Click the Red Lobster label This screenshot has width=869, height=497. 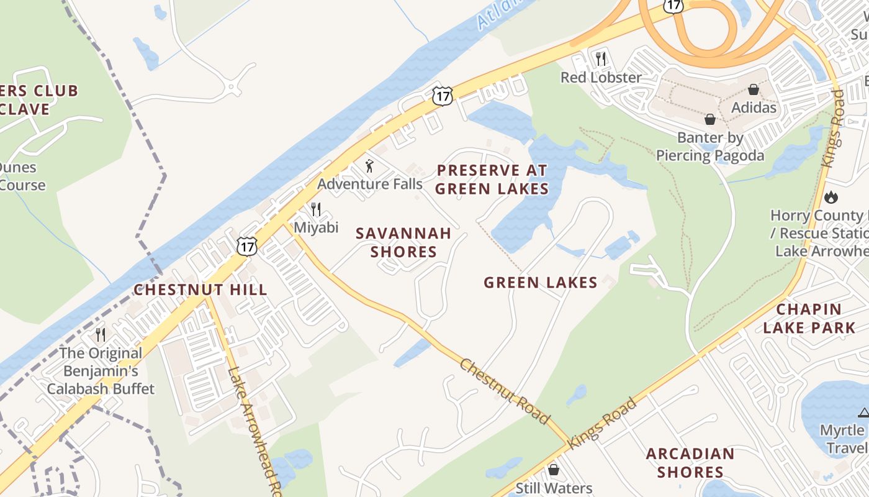click(x=601, y=78)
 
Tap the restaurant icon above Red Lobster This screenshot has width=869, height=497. click(x=600, y=59)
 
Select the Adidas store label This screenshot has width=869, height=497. click(x=754, y=107)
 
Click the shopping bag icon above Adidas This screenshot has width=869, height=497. click(x=754, y=89)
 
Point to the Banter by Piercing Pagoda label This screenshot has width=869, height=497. click(x=710, y=147)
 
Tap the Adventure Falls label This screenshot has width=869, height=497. click(x=370, y=184)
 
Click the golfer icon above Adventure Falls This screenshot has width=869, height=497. click(x=370, y=166)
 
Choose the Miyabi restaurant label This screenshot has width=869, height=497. click(x=316, y=227)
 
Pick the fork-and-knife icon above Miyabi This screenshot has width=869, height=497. click(x=316, y=209)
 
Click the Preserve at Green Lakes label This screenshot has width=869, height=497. click(x=492, y=180)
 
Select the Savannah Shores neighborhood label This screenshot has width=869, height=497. click(x=403, y=242)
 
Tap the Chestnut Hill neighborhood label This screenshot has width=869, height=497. click(x=200, y=290)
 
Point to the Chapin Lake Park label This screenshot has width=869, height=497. click(x=809, y=319)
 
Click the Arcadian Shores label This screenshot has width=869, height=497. click(x=690, y=463)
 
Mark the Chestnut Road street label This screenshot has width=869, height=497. click(x=505, y=391)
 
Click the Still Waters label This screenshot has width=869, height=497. click(x=554, y=488)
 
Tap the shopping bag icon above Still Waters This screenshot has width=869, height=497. click(x=554, y=470)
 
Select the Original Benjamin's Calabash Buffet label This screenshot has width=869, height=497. click(x=101, y=371)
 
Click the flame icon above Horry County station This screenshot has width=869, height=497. click(x=831, y=198)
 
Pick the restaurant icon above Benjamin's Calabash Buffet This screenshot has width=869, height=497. click(x=101, y=335)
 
